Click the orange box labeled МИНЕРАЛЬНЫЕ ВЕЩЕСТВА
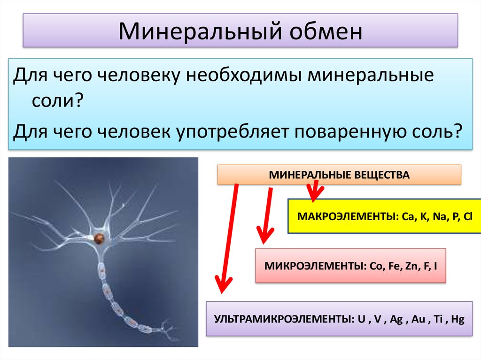coord(339,175)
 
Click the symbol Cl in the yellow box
coord(468,218)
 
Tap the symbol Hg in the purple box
coord(457,320)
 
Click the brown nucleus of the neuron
coord(99,238)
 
